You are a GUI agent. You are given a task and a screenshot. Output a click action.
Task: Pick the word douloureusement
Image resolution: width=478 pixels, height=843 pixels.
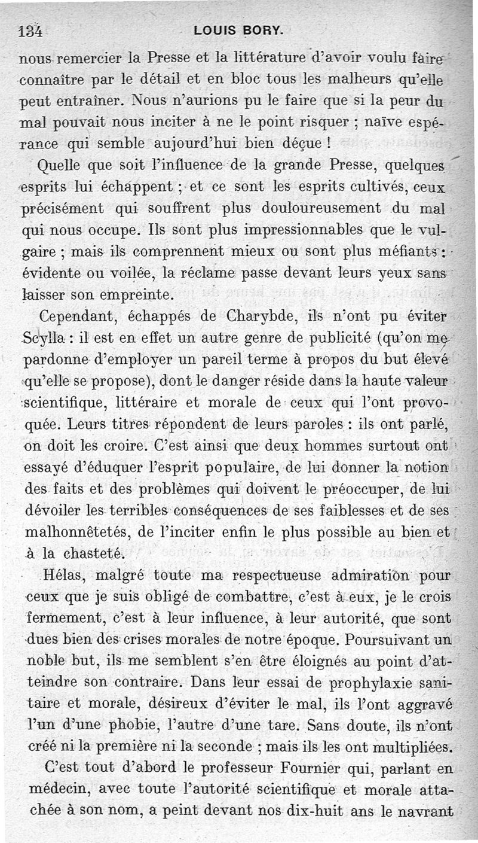(x=318, y=208)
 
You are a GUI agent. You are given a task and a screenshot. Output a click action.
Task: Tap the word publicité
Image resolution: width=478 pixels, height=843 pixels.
(x=334, y=338)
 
